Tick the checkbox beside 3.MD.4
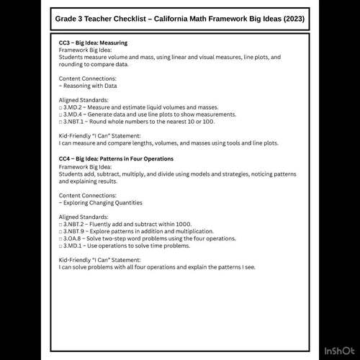[x=61, y=114]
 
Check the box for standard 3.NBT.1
[x=61, y=122]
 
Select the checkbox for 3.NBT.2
[x=61, y=224]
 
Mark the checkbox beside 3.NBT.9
[x=61, y=230]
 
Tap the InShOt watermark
[x=338, y=351]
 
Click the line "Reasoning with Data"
[x=89, y=86]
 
